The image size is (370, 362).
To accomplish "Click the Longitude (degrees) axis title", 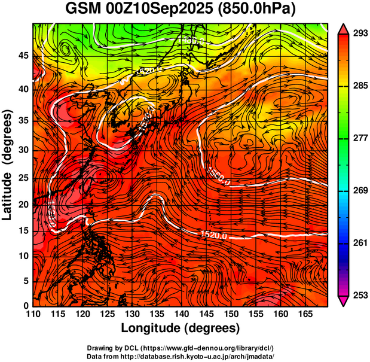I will click(181, 328).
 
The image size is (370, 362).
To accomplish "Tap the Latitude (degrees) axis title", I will click(8, 164).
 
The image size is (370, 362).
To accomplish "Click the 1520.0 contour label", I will click(214, 235).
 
